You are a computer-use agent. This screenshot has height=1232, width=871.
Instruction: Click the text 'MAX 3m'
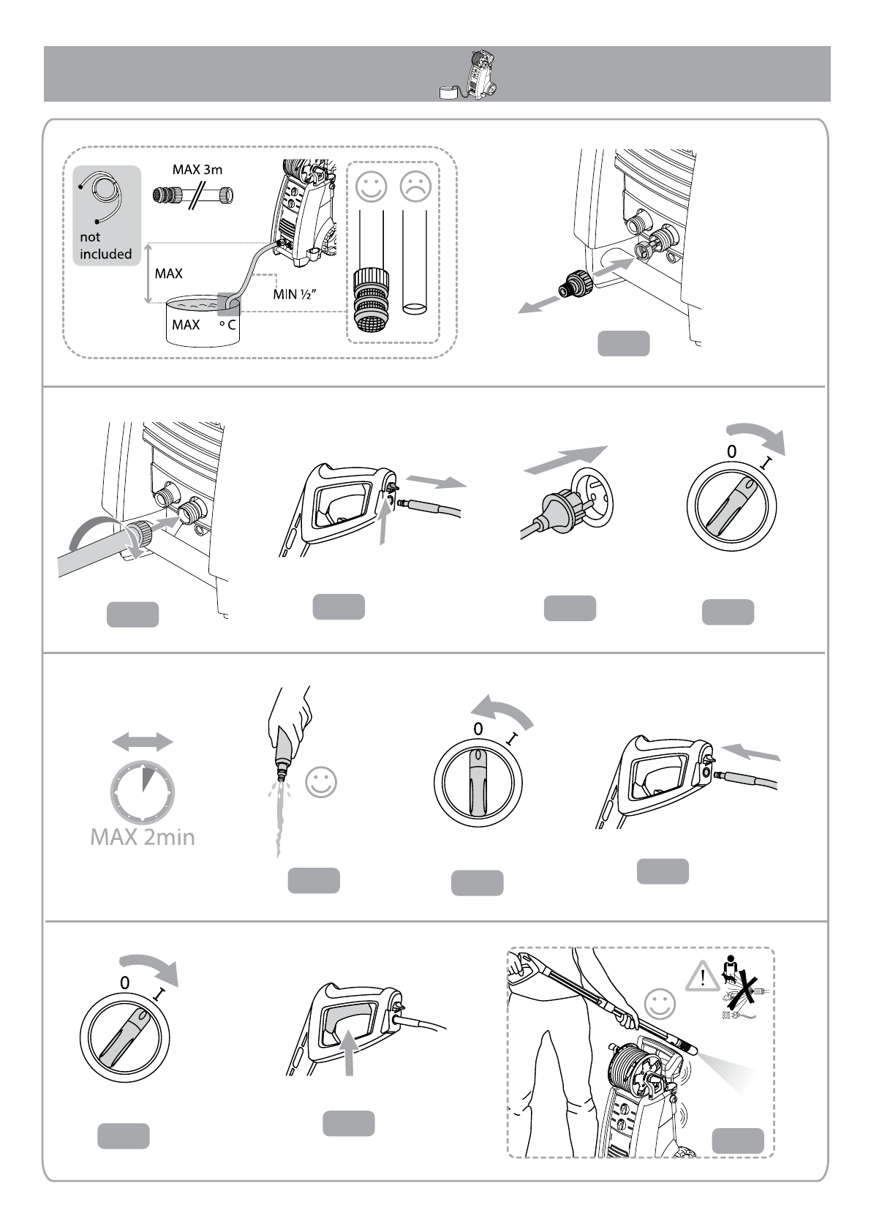[197, 170]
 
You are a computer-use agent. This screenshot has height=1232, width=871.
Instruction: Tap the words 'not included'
[105, 246]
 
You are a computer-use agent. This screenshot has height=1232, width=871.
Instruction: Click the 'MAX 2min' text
[143, 837]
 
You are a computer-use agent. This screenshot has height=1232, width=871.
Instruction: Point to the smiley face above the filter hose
[371, 186]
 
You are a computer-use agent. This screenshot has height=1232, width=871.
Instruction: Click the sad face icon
[415, 186]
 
